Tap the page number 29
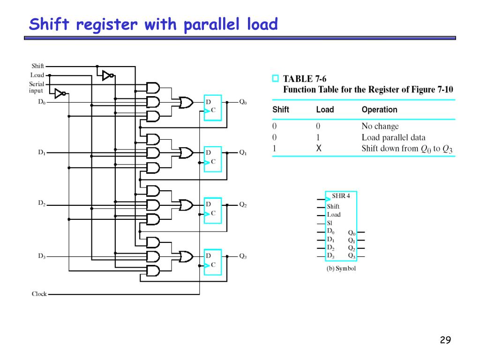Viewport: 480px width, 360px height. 445,340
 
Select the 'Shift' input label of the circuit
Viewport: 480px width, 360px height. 37,66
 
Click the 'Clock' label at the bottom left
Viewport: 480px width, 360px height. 39,294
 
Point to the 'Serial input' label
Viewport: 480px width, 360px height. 37,87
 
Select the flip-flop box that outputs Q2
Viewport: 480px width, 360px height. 212,210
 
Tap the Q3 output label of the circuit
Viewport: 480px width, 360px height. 243,256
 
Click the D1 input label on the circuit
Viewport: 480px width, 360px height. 41,152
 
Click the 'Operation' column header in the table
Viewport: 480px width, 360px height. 379,110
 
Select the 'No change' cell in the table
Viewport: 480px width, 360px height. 380,126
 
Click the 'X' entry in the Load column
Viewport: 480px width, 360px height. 319,149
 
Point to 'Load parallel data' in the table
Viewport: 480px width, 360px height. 393,137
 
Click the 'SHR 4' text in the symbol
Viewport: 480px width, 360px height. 341,195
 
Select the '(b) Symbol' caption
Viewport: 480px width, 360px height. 341,269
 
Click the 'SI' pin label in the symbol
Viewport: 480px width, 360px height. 330,223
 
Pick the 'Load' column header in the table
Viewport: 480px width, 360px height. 325,110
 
